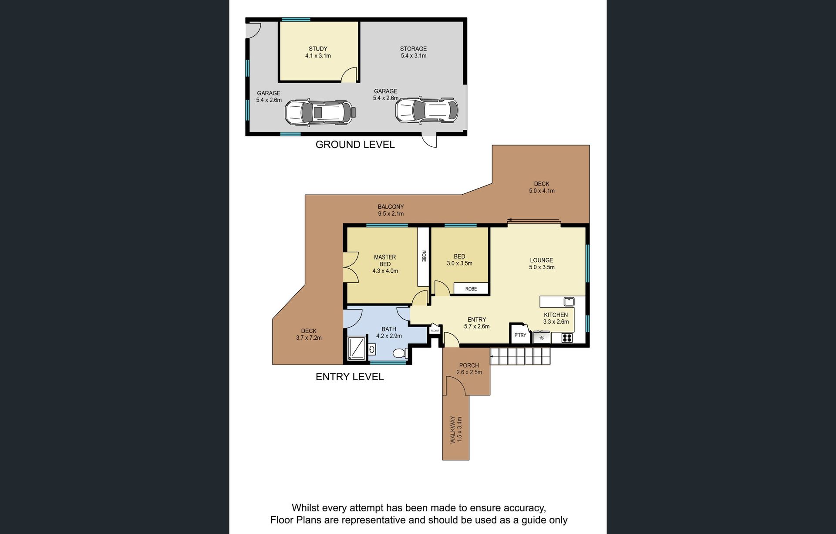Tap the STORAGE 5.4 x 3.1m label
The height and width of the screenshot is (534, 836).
pos(413,52)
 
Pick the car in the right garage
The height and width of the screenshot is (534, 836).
pos(427,109)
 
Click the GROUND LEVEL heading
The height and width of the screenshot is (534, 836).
pos(355,145)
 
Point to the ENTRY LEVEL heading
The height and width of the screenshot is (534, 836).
pos(350,377)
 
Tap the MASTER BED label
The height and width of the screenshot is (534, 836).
pos(385,260)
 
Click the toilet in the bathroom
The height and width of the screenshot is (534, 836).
pos(400,353)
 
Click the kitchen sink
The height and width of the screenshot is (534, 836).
pos(569,301)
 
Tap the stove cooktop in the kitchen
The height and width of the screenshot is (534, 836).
pos(566,338)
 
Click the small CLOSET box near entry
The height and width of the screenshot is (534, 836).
pos(435,330)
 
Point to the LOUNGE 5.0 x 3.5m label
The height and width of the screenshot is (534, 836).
pos(542,264)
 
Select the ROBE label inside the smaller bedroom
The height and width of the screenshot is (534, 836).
pos(471,289)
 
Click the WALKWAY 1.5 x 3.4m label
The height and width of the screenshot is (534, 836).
pos(456,429)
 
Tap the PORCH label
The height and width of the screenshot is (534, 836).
pos(469,365)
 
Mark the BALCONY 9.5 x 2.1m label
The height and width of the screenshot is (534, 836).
pos(391,210)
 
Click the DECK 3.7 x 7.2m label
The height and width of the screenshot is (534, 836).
pos(309,334)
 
